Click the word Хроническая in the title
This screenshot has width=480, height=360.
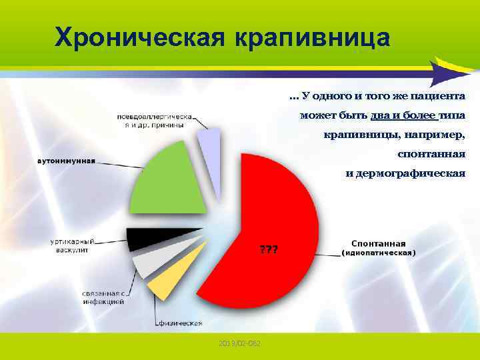click(x=141, y=37)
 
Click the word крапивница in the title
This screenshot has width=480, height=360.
click(x=311, y=37)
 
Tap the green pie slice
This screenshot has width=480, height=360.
click(x=167, y=183)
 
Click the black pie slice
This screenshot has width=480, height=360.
click(x=153, y=237)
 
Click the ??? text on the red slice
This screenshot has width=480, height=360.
click(x=269, y=250)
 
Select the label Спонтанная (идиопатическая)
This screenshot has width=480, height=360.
click(x=378, y=248)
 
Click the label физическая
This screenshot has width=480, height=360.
click(x=180, y=323)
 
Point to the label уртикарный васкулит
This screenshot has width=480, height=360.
click(x=73, y=245)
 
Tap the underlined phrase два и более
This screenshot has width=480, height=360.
click(x=400, y=115)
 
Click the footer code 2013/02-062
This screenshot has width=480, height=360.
click(x=240, y=343)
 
